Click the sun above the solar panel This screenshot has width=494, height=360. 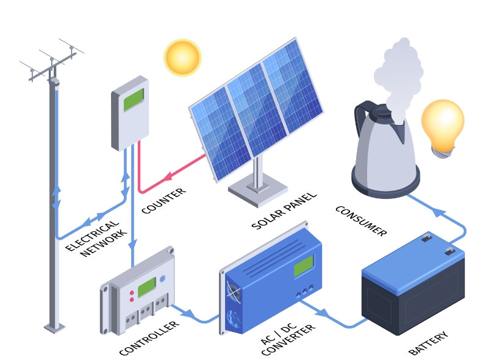[x=182, y=57]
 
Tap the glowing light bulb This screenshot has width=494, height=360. [x=443, y=128]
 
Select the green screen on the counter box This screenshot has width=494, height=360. [x=134, y=99]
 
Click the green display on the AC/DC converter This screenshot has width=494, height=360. [x=304, y=266]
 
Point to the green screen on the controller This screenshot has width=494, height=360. [x=147, y=287]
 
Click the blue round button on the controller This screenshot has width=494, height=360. [x=163, y=279]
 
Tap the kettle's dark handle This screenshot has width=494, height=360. [x=365, y=120]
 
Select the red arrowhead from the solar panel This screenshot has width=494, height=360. [x=168, y=176]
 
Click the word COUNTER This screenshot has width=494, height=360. [x=163, y=201]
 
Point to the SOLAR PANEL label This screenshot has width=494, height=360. [x=284, y=211]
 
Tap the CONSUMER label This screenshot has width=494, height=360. [x=361, y=221]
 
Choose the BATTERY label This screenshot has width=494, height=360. [x=428, y=343]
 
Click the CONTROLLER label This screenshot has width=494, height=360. [x=149, y=337]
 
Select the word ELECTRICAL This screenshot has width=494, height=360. [x=92, y=236]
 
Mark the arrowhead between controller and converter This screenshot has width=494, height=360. [x=189, y=314]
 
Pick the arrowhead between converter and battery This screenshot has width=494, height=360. [x=322, y=312]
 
